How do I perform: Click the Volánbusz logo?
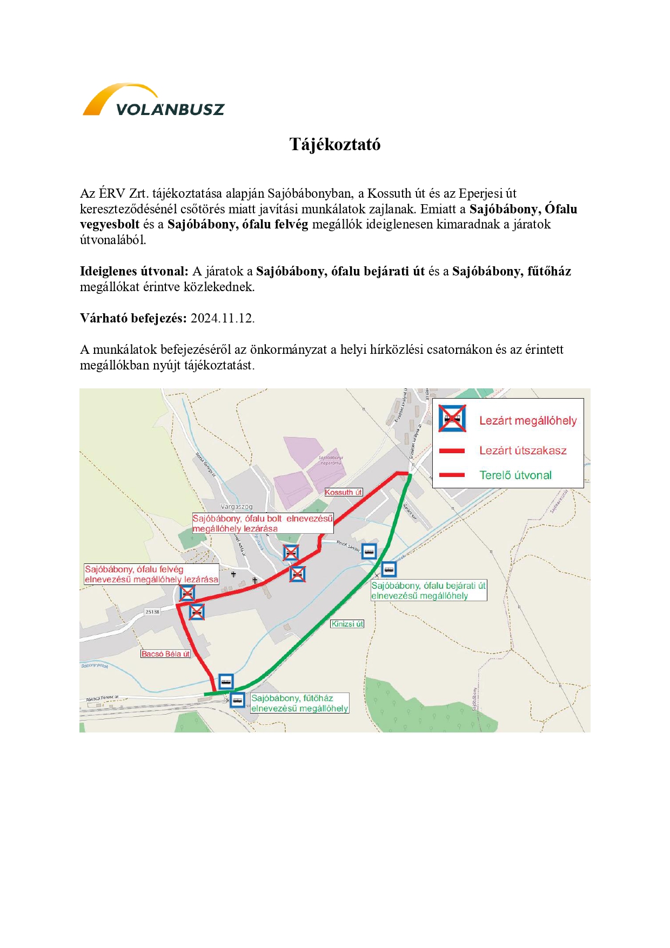click(x=153, y=100)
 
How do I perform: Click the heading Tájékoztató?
click(x=335, y=144)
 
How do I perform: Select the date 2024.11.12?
click(x=222, y=318)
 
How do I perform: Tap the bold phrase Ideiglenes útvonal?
click(x=134, y=271)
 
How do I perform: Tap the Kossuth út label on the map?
click(x=343, y=492)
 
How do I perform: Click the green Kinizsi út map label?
click(x=347, y=623)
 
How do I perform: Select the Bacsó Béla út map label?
click(x=165, y=654)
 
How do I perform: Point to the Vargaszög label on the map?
click(x=237, y=507)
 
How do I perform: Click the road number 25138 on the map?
click(x=152, y=611)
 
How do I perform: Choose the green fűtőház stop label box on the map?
click(x=299, y=703)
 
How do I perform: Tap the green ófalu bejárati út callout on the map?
click(x=428, y=590)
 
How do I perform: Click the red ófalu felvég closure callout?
click(x=151, y=574)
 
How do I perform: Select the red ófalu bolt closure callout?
click(x=263, y=523)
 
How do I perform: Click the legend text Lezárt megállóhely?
click(x=528, y=421)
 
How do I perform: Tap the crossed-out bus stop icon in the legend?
click(x=452, y=419)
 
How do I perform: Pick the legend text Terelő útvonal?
click(x=515, y=475)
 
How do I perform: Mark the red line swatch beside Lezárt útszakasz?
click(x=452, y=451)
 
